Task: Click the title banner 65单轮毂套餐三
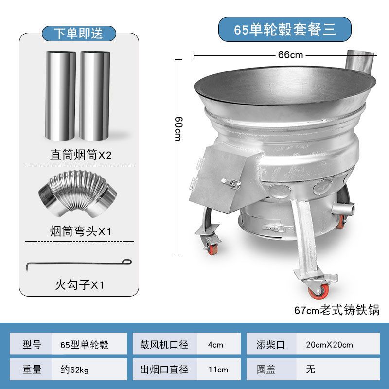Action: tap(284, 29)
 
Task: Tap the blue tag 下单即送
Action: tap(79, 33)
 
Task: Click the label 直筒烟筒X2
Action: tap(81, 155)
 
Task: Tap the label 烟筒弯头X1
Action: tap(81, 231)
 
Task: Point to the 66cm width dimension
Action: tap(290, 55)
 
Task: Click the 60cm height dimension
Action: tap(178, 128)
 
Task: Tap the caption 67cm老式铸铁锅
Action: tap(336, 310)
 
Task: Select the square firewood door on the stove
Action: tap(220, 178)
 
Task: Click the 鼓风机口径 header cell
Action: tap(165, 345)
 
